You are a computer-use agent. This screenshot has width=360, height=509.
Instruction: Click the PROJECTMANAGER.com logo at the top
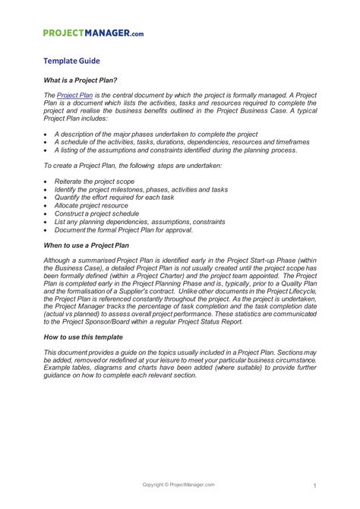[92, 33]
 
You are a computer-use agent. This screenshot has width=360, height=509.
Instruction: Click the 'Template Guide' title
[71, 61]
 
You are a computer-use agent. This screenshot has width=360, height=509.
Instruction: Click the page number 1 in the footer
[313, 485]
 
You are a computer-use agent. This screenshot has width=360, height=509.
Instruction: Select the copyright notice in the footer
[179, 485]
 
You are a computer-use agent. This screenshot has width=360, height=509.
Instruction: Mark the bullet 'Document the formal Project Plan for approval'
[124, 229]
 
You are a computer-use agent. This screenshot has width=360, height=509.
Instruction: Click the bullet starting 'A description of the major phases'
[156, 134]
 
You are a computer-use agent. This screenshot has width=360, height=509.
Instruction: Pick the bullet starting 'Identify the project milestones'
[141, 190]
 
